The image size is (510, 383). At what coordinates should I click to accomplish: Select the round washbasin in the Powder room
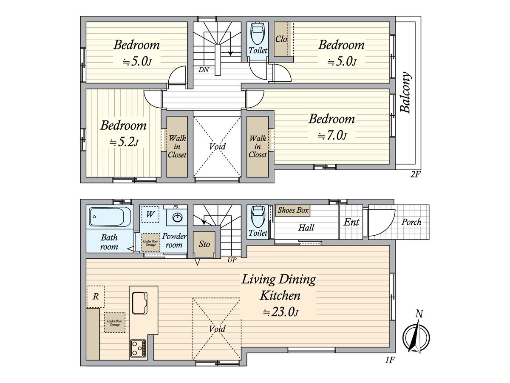pyautogui.click(x=178, y=217)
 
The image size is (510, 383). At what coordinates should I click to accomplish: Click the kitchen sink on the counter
pyautogui.click(x=140, y=303)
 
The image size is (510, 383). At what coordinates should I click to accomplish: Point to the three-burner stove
pyautogui.click(x=138, y=349)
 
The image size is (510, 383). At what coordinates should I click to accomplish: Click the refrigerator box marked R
pyautogui.click(x=96, y=297)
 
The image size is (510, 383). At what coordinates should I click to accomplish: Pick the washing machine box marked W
pyautogui.click(x=150, y=214)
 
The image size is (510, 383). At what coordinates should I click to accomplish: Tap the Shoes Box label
pyautogui.click(x=293, y=210)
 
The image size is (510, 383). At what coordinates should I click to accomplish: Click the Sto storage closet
pyautogui.click(x=204, y=244)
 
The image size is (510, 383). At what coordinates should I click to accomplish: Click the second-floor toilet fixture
pyautogui.click(x=258, y=33)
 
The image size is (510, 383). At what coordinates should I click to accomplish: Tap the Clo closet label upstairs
pyautogui.click(x=281, y=39)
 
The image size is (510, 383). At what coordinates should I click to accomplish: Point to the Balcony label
pyautogui.click(x=406, y=92)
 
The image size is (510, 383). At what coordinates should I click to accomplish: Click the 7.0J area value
pyautogui.click(x=332, y=135)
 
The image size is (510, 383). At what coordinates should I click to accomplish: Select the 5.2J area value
pyautogui.click(x=124, y=142)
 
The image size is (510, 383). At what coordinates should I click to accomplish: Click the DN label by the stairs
pyautogui.click(x=204, y=69)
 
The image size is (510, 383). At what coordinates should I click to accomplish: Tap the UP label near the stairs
pyautogui.click(x=232, y=260)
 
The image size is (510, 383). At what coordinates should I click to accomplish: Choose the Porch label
pyautogui.click(x=411, y=222)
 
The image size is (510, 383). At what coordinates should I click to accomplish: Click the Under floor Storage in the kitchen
pyautogui.click(x=115, y=322)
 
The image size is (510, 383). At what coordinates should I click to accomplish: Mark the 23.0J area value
pyautogui.click(x=280, y=312)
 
